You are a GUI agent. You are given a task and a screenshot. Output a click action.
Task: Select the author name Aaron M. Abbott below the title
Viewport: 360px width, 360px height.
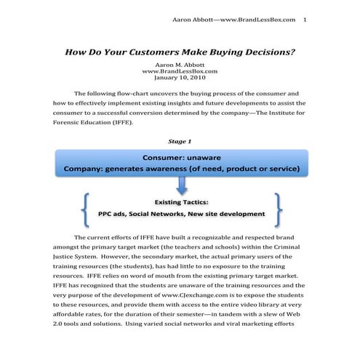pyautogui.click(x=180, y=64)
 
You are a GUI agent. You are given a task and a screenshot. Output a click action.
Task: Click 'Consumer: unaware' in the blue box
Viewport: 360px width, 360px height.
pyautogui.click(x=180, y=158)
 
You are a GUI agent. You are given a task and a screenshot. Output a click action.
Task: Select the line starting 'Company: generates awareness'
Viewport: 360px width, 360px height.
pyautogui.click(x=180, y=170)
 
